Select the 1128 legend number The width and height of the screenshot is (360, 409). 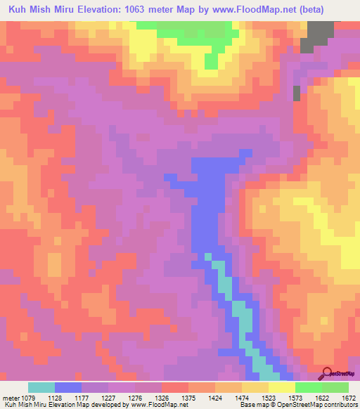coord(70,398)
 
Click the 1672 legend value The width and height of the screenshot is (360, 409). coord(349,398)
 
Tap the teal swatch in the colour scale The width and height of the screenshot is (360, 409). coord(41,387)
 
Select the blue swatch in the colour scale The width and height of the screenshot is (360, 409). coord(68,387)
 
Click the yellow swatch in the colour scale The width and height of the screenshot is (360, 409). coord(281,387)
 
